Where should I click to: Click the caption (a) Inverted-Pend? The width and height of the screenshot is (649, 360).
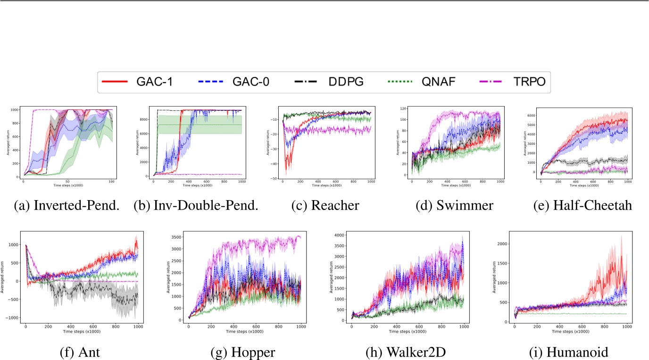click(x=65, y=206)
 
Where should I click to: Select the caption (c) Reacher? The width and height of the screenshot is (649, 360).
click(x=326, y=206)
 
